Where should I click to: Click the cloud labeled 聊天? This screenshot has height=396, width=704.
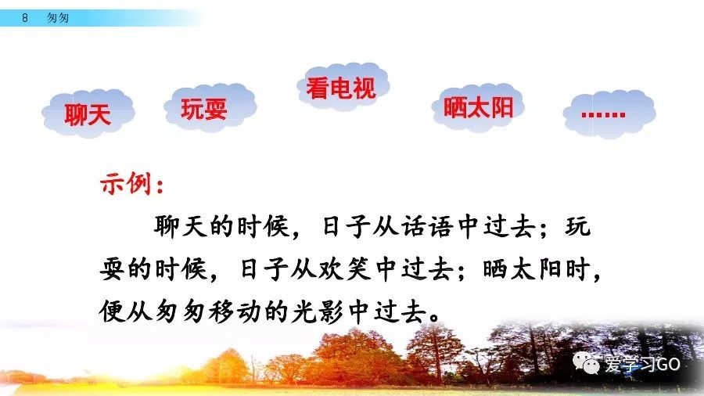point(88,113)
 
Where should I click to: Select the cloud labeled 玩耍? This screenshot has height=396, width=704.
point(210,107)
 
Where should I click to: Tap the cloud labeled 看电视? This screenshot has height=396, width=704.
point(343,86)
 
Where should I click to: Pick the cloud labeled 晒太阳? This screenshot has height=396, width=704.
point(478,107)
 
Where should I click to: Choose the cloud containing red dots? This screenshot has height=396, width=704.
point(609,113)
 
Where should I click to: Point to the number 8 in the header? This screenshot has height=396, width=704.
point(25,17)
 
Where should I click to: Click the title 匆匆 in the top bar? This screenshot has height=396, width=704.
point(58,18)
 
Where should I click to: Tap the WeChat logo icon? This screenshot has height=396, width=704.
point(587,363)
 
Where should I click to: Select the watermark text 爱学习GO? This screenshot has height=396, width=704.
point(642,364)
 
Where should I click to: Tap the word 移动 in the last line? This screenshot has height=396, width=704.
point(235,311)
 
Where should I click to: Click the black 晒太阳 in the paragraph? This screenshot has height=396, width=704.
point(523,269)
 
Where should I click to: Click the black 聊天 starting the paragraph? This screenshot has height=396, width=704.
point(180,226)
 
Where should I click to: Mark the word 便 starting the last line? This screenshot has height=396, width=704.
point(112,311)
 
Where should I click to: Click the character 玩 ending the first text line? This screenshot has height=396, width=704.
point(577,226)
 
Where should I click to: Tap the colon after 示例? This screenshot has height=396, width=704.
point(160,185)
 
